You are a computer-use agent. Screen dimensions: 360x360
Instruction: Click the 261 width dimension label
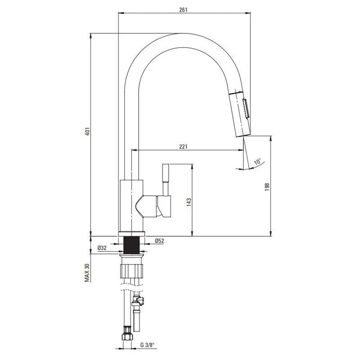(184, 9)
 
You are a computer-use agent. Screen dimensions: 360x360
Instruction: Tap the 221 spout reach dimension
(184, 147)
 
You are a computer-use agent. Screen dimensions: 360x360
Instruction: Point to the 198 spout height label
(266, 187)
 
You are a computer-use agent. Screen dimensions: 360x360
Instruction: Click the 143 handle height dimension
(189, 202)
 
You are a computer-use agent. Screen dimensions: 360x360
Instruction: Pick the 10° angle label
(257, 161)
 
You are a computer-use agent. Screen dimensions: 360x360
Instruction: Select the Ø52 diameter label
(159, 241)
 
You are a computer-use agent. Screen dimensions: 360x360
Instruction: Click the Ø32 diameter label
(102, 248)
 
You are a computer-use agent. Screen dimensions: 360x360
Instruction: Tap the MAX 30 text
(87, 273)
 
